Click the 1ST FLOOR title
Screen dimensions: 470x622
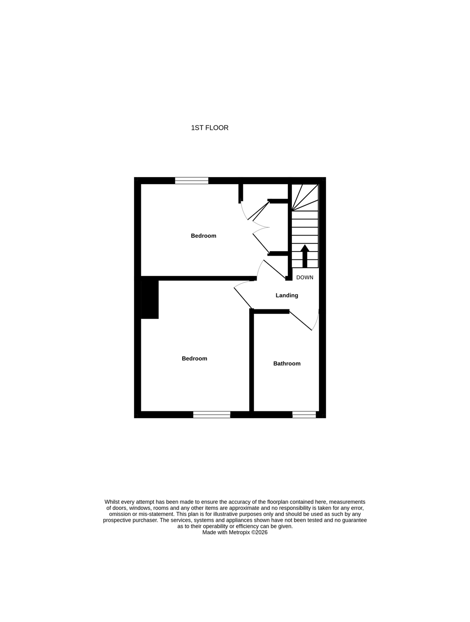click(210, 128)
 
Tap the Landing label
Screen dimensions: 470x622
click(287, 295)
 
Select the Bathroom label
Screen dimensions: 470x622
click(287, 364)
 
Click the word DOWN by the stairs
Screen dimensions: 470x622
click(305, 277)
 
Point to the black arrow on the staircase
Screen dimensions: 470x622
click(305, 256)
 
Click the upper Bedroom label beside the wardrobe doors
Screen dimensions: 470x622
click(203, 236)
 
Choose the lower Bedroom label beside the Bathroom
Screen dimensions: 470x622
click(194, 359)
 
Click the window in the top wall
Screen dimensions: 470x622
click(192, 180)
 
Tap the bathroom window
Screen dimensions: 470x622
click(304, 415)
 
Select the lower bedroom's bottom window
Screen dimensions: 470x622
click(212, 415)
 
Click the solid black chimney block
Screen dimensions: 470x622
click(150, 299)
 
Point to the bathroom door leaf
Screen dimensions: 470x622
click(300, 321)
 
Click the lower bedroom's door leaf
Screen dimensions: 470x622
click(243, 298)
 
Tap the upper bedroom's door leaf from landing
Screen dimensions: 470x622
click(274, 269)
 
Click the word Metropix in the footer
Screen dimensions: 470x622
click(240, 532)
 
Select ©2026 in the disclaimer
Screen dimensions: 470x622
click(259, 532)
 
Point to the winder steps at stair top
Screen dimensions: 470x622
click(305, 197)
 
